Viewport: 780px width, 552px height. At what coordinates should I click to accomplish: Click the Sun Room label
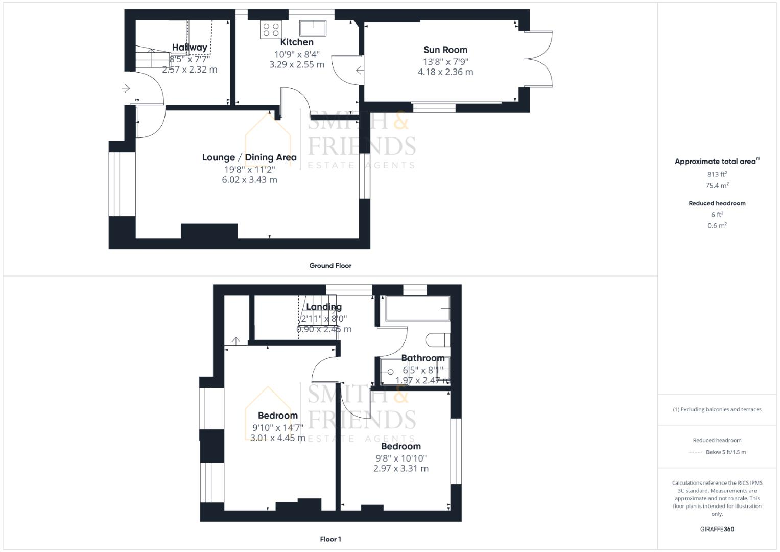click(x=445, y=50)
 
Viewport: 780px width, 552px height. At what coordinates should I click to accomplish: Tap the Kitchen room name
click(x=297, y=42)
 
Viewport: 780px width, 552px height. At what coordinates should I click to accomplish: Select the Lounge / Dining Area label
click(x=249, y=157)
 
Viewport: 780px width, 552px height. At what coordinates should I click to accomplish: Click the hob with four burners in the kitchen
click(x=271, y=29)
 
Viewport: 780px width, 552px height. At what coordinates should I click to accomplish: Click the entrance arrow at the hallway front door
click(x=126, y=89)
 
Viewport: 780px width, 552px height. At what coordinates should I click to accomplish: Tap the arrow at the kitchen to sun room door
click(x=360, y=71)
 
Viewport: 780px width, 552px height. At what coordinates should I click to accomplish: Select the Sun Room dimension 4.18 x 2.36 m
click(x=445, y=72)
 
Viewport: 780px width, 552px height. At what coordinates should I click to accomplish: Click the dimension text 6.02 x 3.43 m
click(x=249, y=180)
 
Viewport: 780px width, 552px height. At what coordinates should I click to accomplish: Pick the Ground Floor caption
click(x=330, y=266)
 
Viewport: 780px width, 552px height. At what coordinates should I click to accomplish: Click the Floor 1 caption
click(x=330, y=539)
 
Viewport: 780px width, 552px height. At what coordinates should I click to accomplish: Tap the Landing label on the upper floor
click(x=324, y=307)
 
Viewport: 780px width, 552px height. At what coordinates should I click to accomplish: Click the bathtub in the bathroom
click(x=417, y=309)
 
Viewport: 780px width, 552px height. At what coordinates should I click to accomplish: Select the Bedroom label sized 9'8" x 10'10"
click(x=401, y=446)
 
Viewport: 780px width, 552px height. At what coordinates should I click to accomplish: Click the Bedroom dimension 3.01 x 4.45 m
click(x=278, y=438)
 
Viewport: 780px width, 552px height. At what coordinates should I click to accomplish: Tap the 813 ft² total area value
click(x=717, y=174)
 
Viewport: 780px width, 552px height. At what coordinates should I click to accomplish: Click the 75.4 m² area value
click(x=717, y=186)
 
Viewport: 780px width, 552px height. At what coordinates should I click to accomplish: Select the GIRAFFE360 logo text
click(x=717, y=529)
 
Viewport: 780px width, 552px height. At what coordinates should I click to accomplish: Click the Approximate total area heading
click(x=715, y=162)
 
